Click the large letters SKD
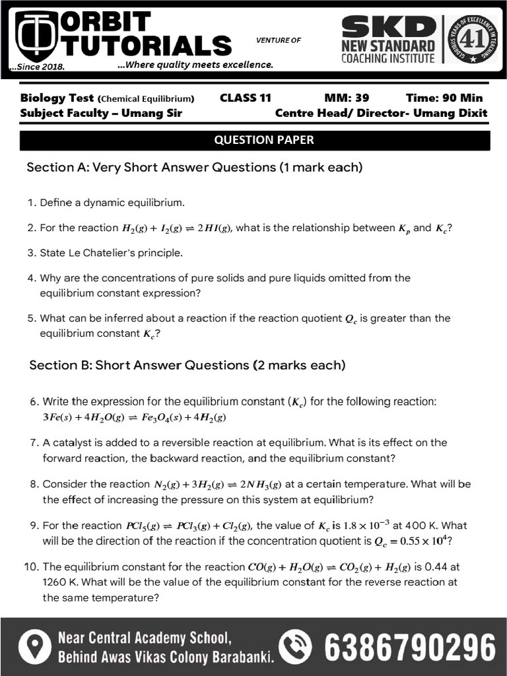click(x=388, y=26)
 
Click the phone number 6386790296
click(x=409, y=646)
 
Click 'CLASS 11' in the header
click(x=245, y=98)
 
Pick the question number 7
click(x=34, y=442)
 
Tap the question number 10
click(x=34, y=566)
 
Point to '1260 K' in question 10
click(x=59, y=582)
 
